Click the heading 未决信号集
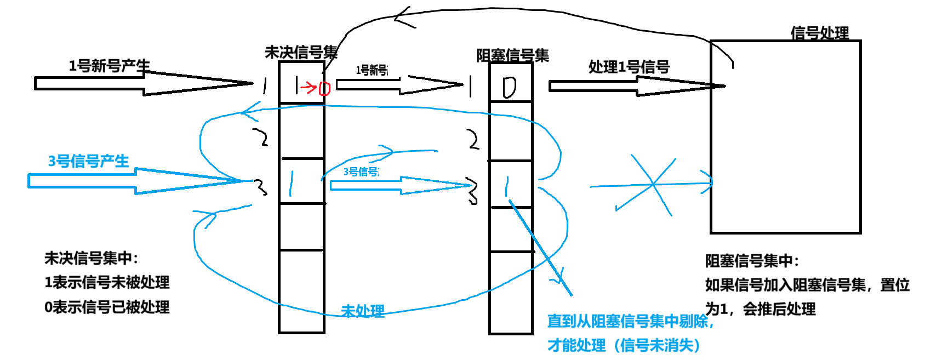(301, 53)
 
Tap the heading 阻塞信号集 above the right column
(512, 55)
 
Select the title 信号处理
(819, 33)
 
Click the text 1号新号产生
(109, 66)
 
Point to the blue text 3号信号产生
(89, 161)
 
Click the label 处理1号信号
(629, 67)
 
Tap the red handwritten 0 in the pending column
(324, 88)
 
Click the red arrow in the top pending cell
(308, 87)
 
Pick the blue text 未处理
(363, 311)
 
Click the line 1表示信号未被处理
(107, 282)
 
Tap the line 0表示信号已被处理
(107, 307)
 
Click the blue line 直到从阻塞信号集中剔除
(630, 321)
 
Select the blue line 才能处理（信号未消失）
(624, 345)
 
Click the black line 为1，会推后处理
(760, 309)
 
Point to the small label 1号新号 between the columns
(372, 70)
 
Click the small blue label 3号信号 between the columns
(361, 172)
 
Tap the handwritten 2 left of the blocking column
(473, 140)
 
